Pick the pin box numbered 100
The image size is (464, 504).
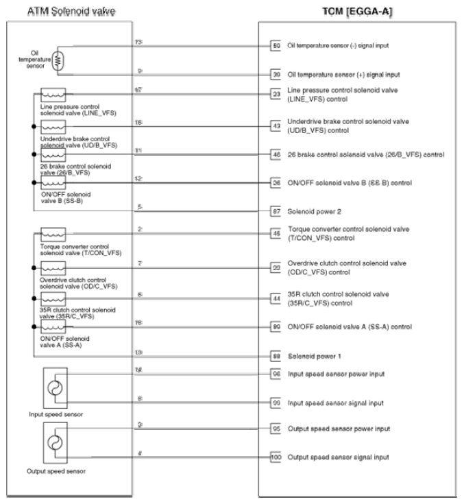click(x=276, y=457)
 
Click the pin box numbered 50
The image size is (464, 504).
click(x=276, y=45)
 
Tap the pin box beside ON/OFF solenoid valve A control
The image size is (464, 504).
click(x=276, y=327)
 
